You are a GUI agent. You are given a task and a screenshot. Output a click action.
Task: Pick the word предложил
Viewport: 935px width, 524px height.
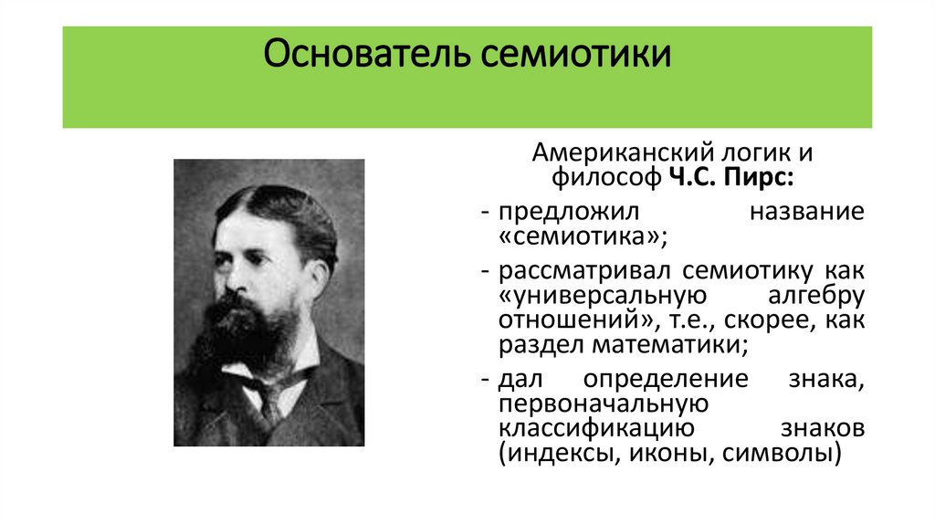click(560, 214)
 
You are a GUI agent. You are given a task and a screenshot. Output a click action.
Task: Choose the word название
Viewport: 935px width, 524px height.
click(805, 214)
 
